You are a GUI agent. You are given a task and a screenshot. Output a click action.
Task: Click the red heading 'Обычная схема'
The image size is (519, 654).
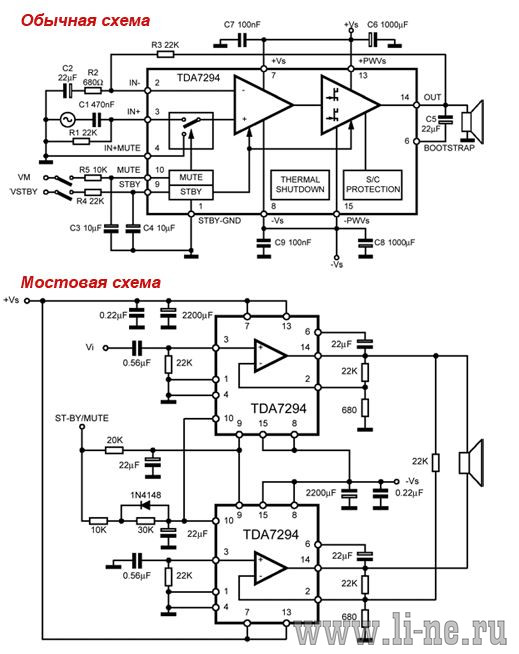coord(85,21)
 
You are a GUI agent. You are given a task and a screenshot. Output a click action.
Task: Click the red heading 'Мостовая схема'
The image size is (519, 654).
coord(91,282)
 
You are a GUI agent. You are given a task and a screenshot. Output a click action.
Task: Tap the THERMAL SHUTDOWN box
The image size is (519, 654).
coord(300,184)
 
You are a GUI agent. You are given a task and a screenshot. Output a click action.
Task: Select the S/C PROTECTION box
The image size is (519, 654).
coord(373,184)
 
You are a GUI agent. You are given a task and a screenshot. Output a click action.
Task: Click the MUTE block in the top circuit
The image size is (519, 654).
coord(191,177)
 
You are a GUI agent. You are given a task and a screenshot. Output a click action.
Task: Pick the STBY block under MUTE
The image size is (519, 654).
coord(191,192)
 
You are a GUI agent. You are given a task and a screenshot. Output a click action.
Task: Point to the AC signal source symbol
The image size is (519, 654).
coord(67,120)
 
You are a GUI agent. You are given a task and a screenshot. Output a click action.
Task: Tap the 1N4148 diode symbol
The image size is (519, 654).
coord(146,506)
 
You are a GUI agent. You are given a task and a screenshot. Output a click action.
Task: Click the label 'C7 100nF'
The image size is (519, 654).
coord(242,25)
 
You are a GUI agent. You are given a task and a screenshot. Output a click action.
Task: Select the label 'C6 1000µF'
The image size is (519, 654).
coord(388,25)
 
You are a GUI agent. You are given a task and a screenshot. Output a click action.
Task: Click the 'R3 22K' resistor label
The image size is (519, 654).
coord(165,45)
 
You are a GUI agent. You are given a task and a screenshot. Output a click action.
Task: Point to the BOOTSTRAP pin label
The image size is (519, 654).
coord(449,148)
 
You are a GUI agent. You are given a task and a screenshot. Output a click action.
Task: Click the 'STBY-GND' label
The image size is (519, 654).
coord(219,221)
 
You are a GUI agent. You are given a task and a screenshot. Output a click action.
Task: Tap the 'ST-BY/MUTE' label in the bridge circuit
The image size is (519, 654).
coord(82,418)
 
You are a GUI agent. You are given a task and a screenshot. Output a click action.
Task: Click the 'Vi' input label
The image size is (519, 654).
coord(90,347)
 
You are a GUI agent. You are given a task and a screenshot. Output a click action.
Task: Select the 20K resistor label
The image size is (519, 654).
coord(114,440)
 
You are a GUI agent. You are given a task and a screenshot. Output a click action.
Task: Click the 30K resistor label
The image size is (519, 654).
coord(146,530)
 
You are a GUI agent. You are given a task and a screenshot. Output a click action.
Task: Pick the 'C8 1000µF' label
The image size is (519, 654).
coord(394,242)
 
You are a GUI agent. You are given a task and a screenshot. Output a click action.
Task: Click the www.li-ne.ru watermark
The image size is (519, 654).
coord(400,631)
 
